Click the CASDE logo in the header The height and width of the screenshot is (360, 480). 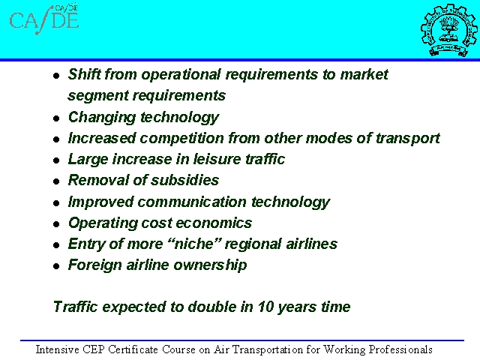pyautogui.click(x=44, y=19)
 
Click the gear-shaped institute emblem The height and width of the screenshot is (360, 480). pyautogui.click(x=448, y=30)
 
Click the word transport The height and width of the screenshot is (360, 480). pyautogui.click(x=408, y=139)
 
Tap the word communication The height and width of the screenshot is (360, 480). pyautogui.click(x=192, y=202)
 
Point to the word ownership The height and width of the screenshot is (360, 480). pyautogui.click(x=210, y=265)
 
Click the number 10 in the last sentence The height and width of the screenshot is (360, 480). pyautogui.click(x=265, y=307)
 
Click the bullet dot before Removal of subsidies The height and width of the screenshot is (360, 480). pyautogui.click(x=56, y=181)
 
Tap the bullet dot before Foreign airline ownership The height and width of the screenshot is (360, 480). pyautogui.click(x=56, y=266)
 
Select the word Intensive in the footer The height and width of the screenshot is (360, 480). pyautogui.click(x=58, y=349)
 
